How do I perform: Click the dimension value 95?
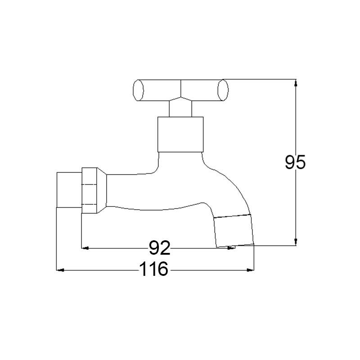[295, 162]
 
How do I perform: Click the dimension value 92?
[160, 248]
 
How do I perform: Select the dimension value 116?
[153, 269]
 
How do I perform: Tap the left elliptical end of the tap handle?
[138, 90]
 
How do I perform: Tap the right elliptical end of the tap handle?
[223, 90]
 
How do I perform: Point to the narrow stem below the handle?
[180, 108]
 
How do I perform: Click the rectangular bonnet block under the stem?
[180, 134]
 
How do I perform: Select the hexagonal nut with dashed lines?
[89, 190]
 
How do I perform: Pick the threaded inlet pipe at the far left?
[69, 190]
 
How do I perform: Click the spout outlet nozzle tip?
[234, 231]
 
